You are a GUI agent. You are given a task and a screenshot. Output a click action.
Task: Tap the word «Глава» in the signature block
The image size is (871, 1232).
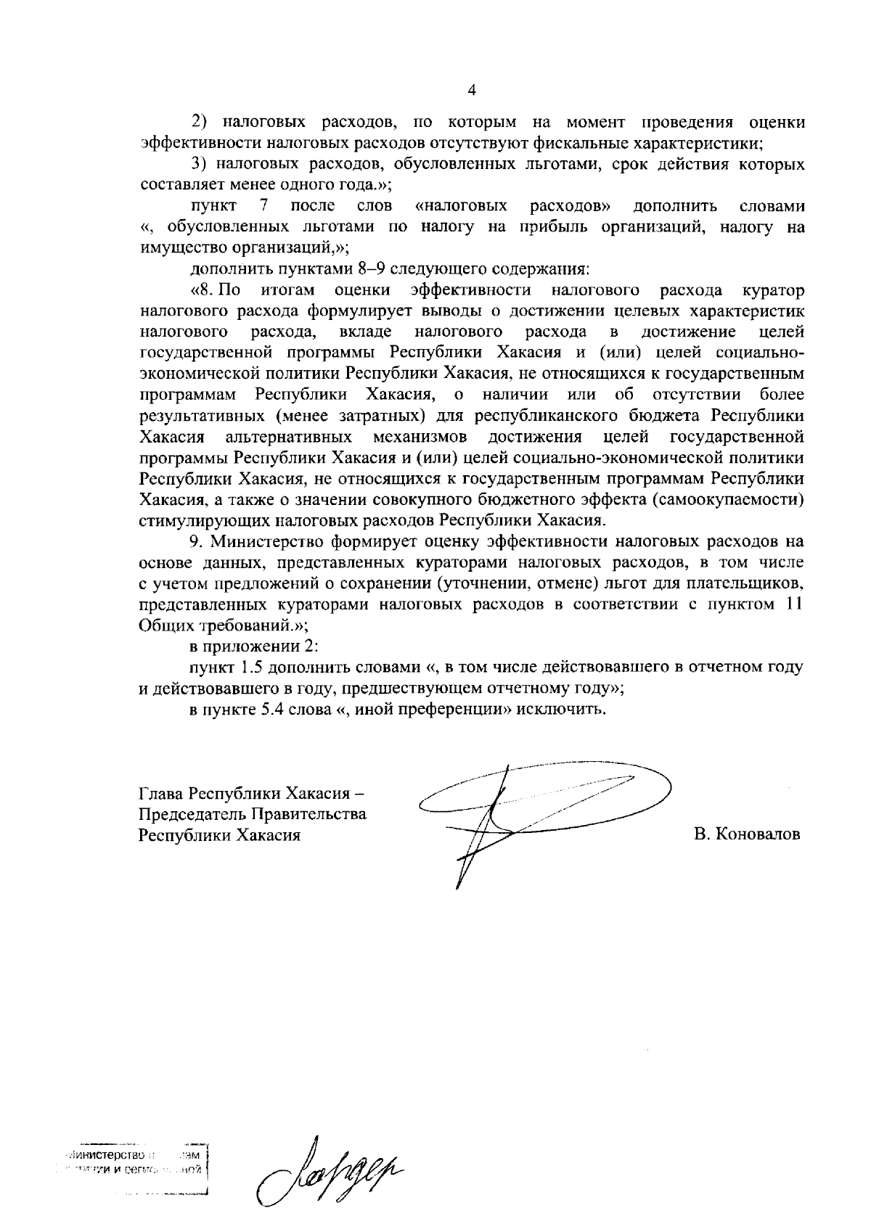pos(160,792)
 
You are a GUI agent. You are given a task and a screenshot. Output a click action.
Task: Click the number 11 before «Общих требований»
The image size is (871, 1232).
pos(794,605)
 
